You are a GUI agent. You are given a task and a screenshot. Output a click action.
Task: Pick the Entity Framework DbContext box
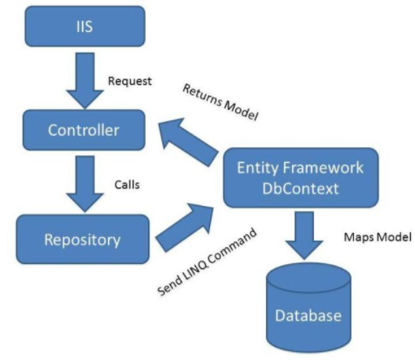[x=300, y=177]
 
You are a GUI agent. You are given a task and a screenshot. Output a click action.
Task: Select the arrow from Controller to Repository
[x=77, y=182]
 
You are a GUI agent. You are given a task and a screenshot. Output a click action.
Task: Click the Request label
[x=130, y=81]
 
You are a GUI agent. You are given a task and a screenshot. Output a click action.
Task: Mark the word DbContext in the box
[x=300, y=188]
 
